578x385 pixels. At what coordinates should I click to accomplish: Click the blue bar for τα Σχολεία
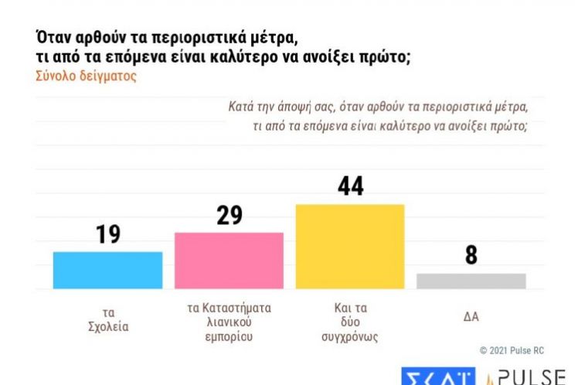click(x=107, y=270)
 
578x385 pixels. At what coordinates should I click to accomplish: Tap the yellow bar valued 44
click(x=350, y=247)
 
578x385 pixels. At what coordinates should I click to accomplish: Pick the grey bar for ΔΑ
click(x=471, y=281)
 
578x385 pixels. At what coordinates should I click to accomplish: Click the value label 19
click(x=107, y=234)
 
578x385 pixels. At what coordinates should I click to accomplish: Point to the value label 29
click(x=229, y=214)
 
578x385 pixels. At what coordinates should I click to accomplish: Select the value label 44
click(x=350, y=186)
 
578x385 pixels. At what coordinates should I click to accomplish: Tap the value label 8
click(x=471, y=256)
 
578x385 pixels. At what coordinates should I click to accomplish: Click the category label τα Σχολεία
click(x=107, y=320)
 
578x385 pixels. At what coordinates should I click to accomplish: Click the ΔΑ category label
click(x=471, y=315)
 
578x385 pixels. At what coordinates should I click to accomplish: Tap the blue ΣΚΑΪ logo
click(x=437, y=376)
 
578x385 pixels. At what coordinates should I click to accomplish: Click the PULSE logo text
click(x=531, y=376)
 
